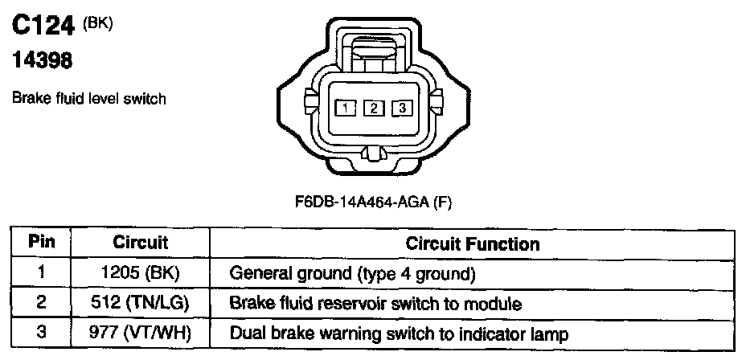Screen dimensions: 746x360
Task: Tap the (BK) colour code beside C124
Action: tap(98, 24)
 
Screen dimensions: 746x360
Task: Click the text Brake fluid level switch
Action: tap(88, 99)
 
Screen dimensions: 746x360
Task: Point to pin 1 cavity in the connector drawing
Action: tap(345, 108)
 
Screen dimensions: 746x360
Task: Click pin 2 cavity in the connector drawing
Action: tap(373, 108)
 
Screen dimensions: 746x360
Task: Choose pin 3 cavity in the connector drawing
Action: tap(402, 108)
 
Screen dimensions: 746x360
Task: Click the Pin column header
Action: tap(40, 242)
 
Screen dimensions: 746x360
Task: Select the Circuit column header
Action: tap(140, 242)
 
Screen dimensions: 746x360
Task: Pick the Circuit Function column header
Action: tap(473, 243)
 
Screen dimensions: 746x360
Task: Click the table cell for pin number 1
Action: tap(40, 273)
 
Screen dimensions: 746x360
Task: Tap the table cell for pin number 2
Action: tap(40, 304)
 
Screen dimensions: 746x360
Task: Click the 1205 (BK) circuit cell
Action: tap(140, 273)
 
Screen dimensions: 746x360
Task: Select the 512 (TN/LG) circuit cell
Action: tap(140, 304)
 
